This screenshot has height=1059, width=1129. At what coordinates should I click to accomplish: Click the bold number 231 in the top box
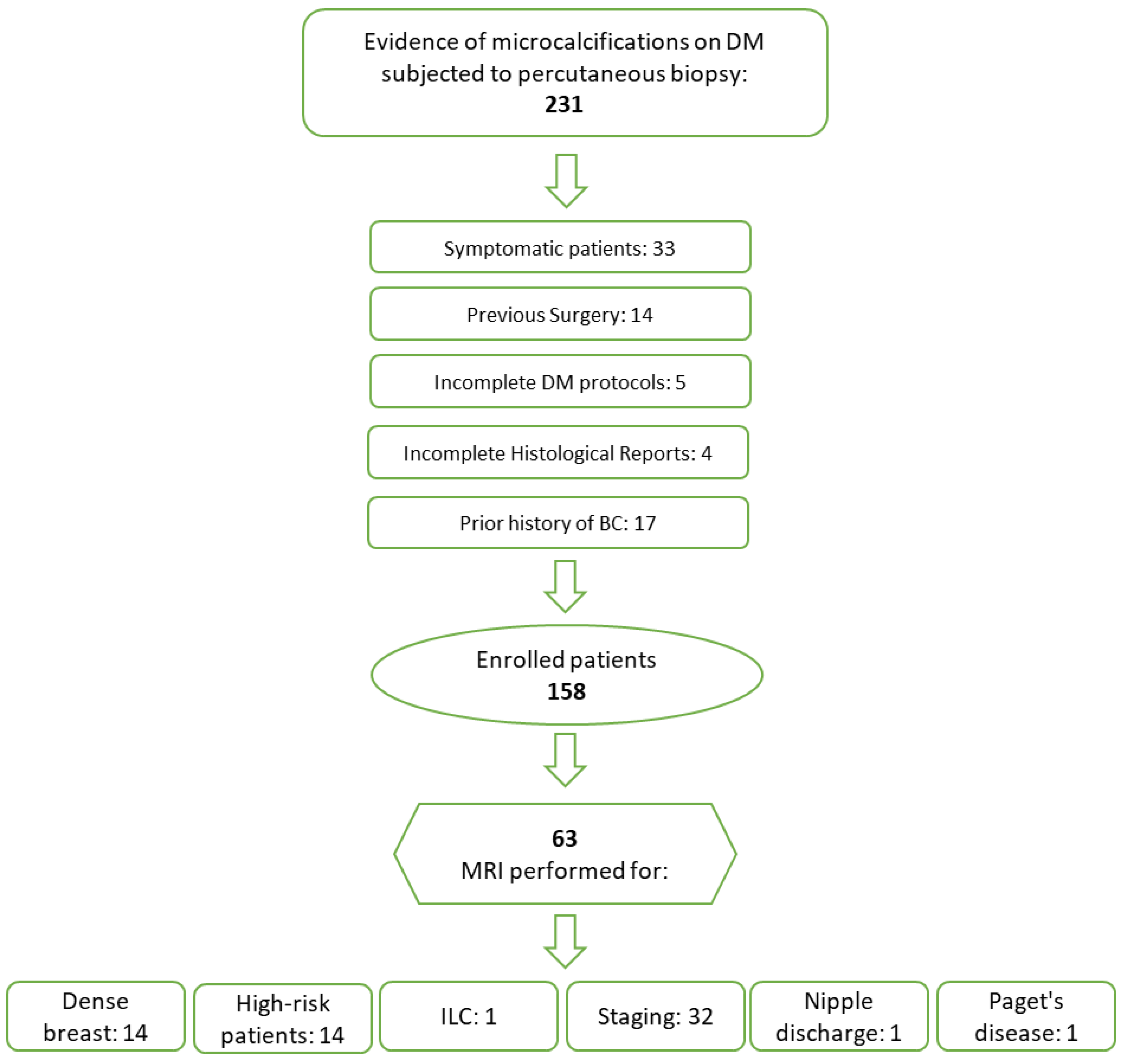click(563, 105)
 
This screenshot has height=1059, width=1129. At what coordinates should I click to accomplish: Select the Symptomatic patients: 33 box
click(560, 248)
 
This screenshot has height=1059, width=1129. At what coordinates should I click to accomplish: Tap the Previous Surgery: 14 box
click(560, 314)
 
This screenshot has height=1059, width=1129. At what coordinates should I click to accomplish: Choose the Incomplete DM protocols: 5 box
click(560, 382)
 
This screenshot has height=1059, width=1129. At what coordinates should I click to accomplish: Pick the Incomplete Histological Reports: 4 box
click(558, 453)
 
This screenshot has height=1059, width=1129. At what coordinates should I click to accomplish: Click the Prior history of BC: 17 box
click(558, 523)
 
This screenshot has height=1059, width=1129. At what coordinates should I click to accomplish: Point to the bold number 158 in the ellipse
click(566, 691)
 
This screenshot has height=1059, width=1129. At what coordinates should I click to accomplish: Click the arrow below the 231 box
click(566, 181)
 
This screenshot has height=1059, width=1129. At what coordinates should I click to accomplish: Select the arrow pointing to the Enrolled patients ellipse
click(565, 586)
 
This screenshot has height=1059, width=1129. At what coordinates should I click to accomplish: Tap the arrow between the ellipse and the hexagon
click(565, 760)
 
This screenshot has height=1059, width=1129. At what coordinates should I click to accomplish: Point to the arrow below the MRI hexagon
click(565, 941)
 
